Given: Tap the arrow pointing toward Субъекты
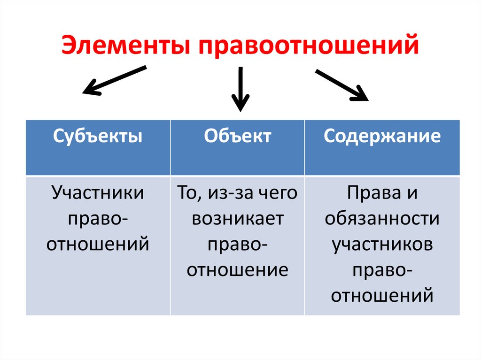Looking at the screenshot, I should [114, 81].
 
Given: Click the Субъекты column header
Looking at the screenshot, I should [98, 136].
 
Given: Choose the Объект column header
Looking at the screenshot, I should [238, 136].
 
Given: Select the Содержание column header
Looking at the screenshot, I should [382, 136].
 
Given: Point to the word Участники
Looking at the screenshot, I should [98, 192].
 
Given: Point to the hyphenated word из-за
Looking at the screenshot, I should [231, 192].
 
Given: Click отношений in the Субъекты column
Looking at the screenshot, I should [98, 244].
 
